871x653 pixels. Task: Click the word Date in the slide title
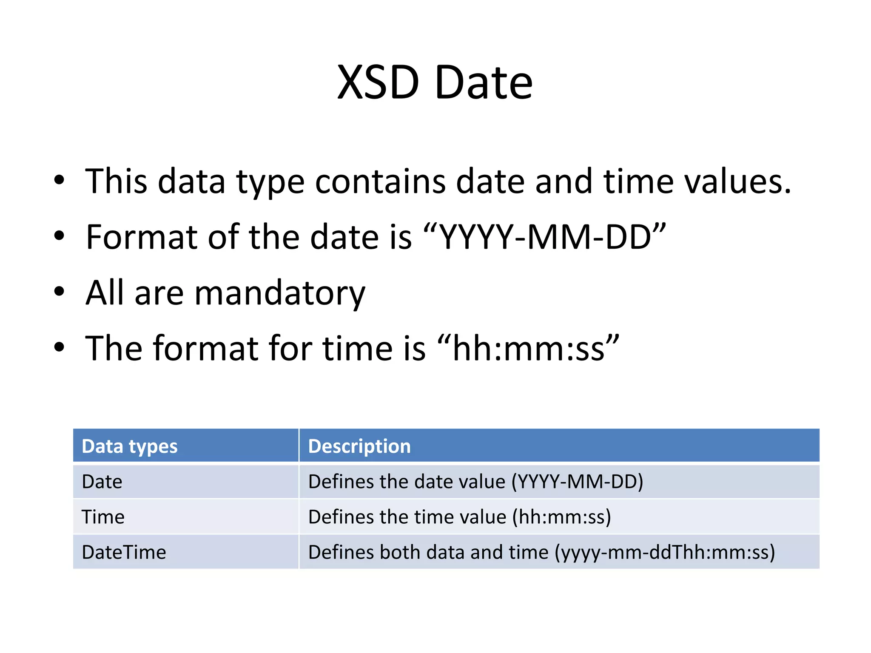(x=483, y=82)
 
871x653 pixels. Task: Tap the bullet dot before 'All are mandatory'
(x=59, y=292)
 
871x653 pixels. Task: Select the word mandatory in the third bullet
(x=280, y=293)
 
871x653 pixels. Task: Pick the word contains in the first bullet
(x=380, y=182)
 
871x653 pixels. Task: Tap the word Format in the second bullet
(x=141, y=237)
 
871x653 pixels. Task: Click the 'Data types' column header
(x=130, y=446)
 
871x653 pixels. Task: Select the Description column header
(x=359, y=446)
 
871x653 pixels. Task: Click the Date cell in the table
(x=102, y=482)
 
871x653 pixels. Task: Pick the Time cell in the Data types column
(x=103, y=517)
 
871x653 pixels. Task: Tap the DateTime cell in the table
(x=124, y=552)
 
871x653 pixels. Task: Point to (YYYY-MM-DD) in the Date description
(x=577, y=482)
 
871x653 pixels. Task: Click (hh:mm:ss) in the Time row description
(x=561, y=517)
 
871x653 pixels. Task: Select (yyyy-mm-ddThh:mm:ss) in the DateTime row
(x=665, y=552)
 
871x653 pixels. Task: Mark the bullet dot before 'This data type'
(x=59, y=180)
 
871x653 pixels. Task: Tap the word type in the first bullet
(x=270, y=183)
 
